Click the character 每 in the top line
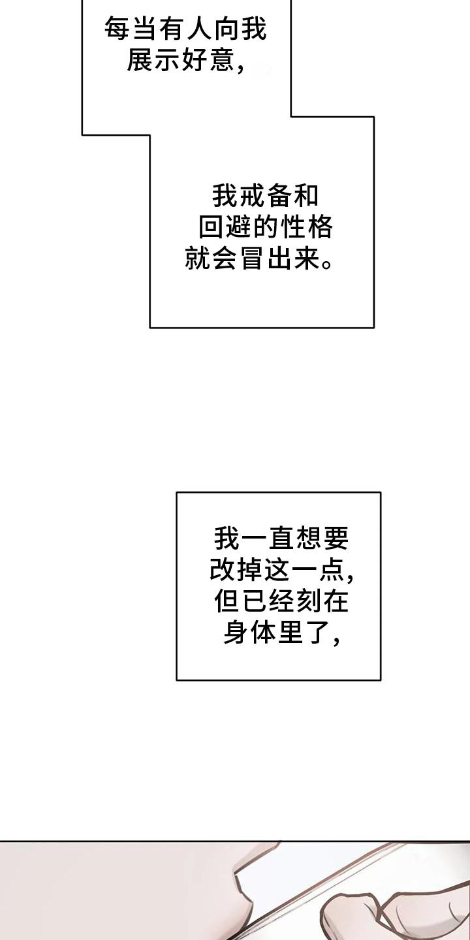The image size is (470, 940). pyautogui.click(x=117, y=29)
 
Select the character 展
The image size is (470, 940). pyautogui.click(x=140, y=59)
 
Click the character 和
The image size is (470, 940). pyautogui.click(x=305, y=196)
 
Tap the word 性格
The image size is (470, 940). pyautogui.click(x=306, y=227)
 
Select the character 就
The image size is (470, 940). pyautogui.click(x=198, y=258)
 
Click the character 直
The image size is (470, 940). pyautogui.click(x=281, y=539)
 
